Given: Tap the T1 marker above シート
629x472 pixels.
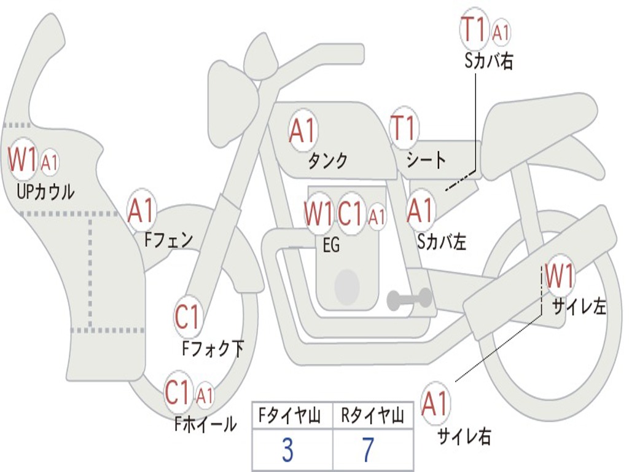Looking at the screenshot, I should click(404, 129).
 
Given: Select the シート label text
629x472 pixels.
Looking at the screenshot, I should click(426, 161).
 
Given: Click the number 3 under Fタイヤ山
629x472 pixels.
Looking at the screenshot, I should click(287, 450).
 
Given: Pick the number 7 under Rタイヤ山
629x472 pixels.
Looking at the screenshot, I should click(368, 450).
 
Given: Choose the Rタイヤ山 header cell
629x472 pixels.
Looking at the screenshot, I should click(373, 416).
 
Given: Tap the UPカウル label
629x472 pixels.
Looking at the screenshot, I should click(45, 192).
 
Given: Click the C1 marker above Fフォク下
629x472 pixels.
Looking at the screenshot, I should click(187, 318).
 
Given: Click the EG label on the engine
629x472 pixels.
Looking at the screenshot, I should click(331, 245).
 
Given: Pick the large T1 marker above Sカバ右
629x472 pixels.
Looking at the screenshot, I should click(474, 29).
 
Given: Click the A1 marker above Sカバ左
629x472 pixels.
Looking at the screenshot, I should click(421, 211).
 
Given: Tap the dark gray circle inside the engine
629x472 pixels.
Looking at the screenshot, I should click(347, 286).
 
